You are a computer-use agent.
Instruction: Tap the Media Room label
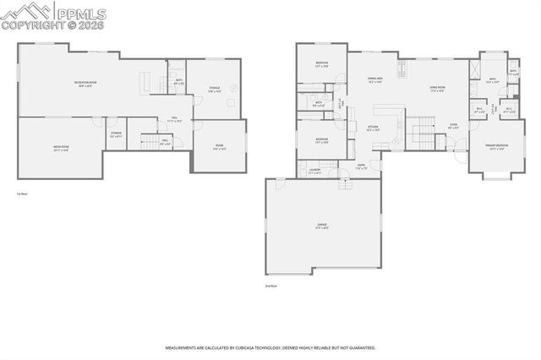[x=61, y=147]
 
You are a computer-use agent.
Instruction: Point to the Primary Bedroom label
[x=496, y=147]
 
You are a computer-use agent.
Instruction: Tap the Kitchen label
[x=373, y=128]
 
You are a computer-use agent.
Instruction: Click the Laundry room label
[x=314, y=171]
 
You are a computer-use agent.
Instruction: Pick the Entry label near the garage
[x=361, y=166]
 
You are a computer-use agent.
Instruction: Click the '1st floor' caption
[x=22, y=194]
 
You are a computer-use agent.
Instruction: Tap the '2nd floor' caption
[x=270, y=286]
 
